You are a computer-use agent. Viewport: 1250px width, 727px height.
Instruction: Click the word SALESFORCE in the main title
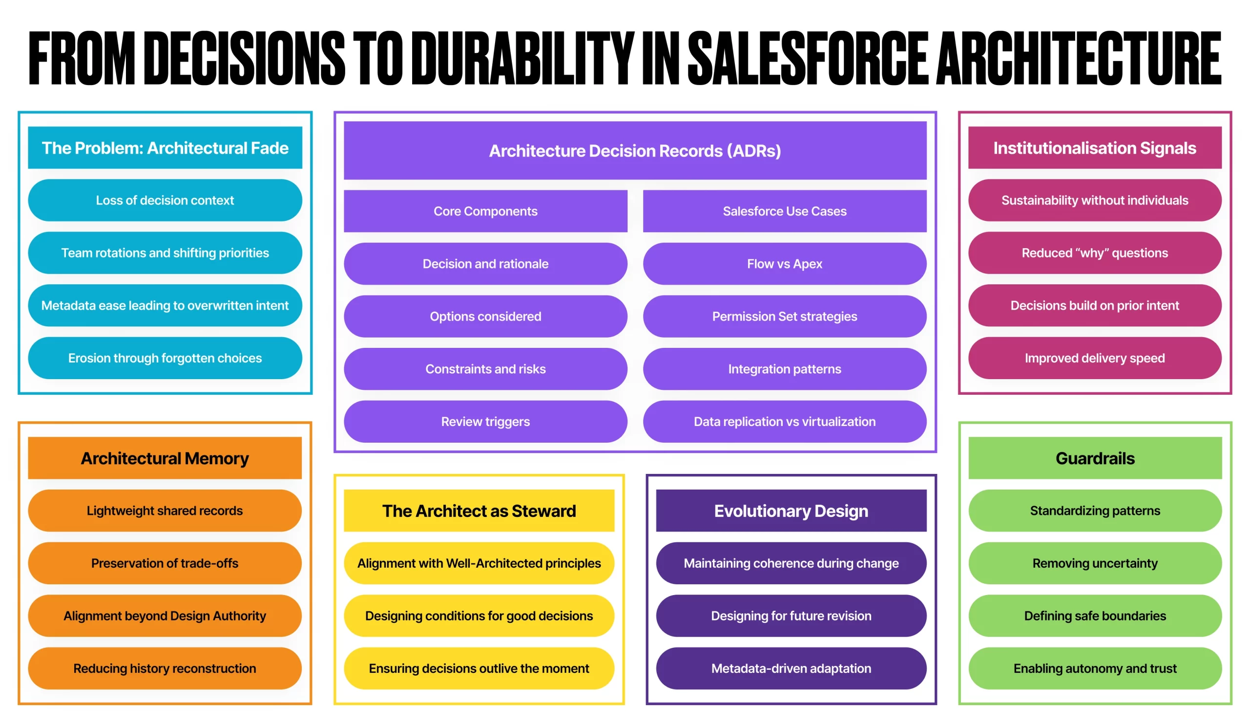coord(809,58)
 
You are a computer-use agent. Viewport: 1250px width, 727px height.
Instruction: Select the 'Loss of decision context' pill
coord(165,200)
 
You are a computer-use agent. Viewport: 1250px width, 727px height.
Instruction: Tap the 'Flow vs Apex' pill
coord(784,263)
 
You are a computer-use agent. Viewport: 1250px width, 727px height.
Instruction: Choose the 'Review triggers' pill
coord(485,421)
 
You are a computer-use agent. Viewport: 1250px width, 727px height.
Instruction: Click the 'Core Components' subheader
coord(485,211)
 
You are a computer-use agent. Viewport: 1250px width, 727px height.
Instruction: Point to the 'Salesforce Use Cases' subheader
coord(784,211)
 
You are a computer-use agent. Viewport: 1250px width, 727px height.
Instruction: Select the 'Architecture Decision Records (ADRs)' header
coord(635,150)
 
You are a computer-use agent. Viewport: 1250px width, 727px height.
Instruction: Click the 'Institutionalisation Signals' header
coord(1094,148)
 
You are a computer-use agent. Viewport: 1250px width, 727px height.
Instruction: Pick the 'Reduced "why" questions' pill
coord(1094,253)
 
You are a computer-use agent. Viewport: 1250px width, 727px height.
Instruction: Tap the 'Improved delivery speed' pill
coord(1094,358)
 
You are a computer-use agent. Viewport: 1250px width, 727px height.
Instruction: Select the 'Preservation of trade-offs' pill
coord(165,563)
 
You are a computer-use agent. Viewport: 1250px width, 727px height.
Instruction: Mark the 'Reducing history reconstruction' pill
coord(165,668)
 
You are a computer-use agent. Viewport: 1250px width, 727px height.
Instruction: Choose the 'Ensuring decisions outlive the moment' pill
coord(479,668)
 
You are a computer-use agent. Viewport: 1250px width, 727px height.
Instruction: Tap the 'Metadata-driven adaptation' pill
coord(791,668)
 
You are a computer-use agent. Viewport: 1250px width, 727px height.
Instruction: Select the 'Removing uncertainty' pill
coord(1095,563)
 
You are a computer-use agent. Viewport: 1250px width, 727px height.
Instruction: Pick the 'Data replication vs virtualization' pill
coord(784,421)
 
